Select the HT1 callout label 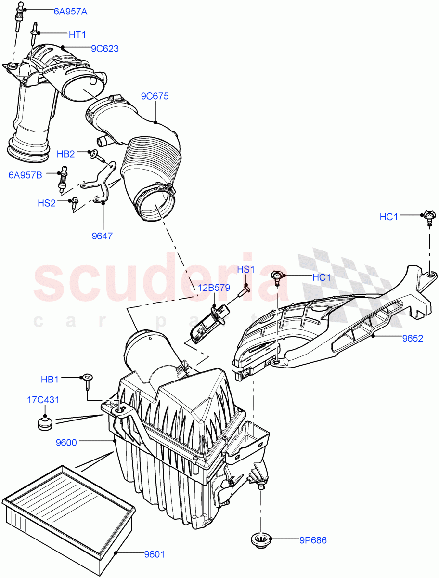[x=77, y=34]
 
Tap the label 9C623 [x=105, y=49]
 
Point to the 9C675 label [x=155, y=96]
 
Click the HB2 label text [x=66, y=154]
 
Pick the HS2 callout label [x=47, y=203]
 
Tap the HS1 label [x=245, y=269]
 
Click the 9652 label [x=413, y=338]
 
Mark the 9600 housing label [x=66, y=441]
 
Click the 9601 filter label [x=155, y=554]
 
